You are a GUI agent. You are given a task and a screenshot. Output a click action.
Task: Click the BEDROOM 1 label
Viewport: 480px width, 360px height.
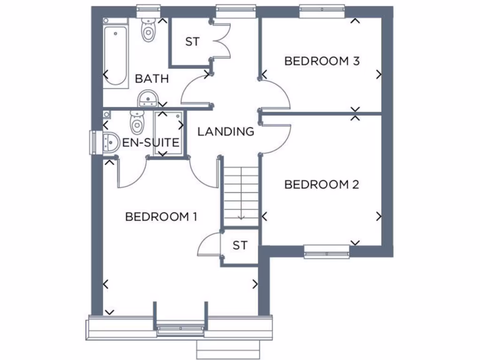[x=161, y=217]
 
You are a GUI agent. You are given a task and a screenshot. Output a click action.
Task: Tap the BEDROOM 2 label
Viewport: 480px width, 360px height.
[x=322, y=185]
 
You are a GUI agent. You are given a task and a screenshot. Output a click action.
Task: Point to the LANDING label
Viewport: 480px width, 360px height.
[x=225, y=132]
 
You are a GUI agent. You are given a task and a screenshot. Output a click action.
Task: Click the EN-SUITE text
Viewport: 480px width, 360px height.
[x=151, y=142]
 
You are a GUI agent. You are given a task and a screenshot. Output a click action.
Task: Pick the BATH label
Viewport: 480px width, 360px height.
[x=151, y=79]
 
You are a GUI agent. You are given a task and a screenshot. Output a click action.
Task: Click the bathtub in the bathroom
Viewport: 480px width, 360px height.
[x=116, y=56]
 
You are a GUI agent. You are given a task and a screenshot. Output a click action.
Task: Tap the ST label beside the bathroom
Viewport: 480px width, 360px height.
[x=192, y=42]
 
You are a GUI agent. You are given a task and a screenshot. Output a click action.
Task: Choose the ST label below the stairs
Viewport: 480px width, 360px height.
[x=240, y=245]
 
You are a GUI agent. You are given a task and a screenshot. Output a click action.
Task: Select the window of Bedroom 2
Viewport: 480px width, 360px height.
[x=327, y=253]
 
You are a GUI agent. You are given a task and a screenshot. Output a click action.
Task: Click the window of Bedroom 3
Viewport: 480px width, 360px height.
[x=322, y=11]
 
